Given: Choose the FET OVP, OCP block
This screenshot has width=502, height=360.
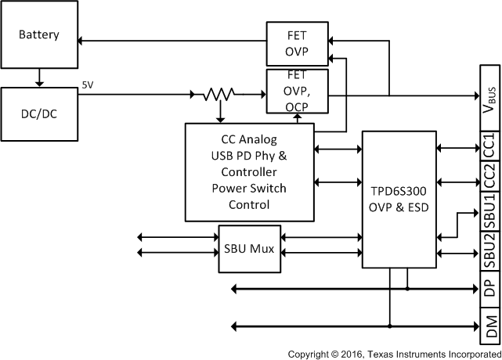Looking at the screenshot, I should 298,92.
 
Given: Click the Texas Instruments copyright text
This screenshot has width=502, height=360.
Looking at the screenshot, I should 394,354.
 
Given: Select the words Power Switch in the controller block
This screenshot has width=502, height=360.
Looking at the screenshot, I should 249,189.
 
